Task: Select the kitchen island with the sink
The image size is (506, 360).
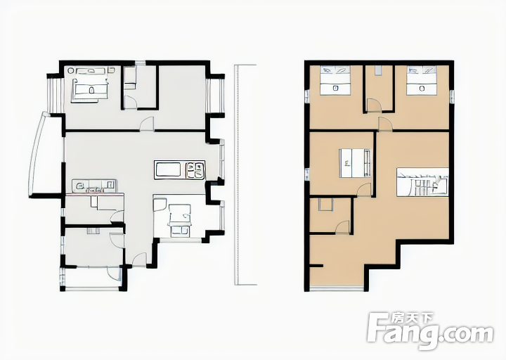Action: pyautogui.click(x=179, y=170)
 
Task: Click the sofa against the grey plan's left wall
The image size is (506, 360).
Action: pyautogui.click(x=94, y=186)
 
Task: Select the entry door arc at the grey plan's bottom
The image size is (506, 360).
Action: pyautogui.click(x=139, y=259)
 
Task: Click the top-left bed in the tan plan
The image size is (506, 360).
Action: pyautogui.click(x=335, y=80)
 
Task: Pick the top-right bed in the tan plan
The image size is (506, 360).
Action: pyautogui.click(x=422, y=80)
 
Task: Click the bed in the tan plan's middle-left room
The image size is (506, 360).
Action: pyautogui.click(x=355, y=163)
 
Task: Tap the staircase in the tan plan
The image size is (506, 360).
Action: pyautogui.click(x=422, y=182)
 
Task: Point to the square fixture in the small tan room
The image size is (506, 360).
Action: pyautogui.click(x=325, y=205)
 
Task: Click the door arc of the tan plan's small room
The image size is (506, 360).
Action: pyautogui.click(x=342, y=227)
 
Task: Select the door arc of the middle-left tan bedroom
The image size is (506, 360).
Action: pyautogui.click(x=364, y=189)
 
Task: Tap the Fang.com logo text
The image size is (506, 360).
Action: pyautogui.click(x=431, y=332)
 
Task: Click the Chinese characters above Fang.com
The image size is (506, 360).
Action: pyautogui.click(x=413, y=318)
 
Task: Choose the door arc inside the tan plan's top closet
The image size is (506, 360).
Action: pyautogui.click(x=375, y=105)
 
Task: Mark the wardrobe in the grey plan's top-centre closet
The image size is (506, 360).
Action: pyautogui.click(x=130, y=78)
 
